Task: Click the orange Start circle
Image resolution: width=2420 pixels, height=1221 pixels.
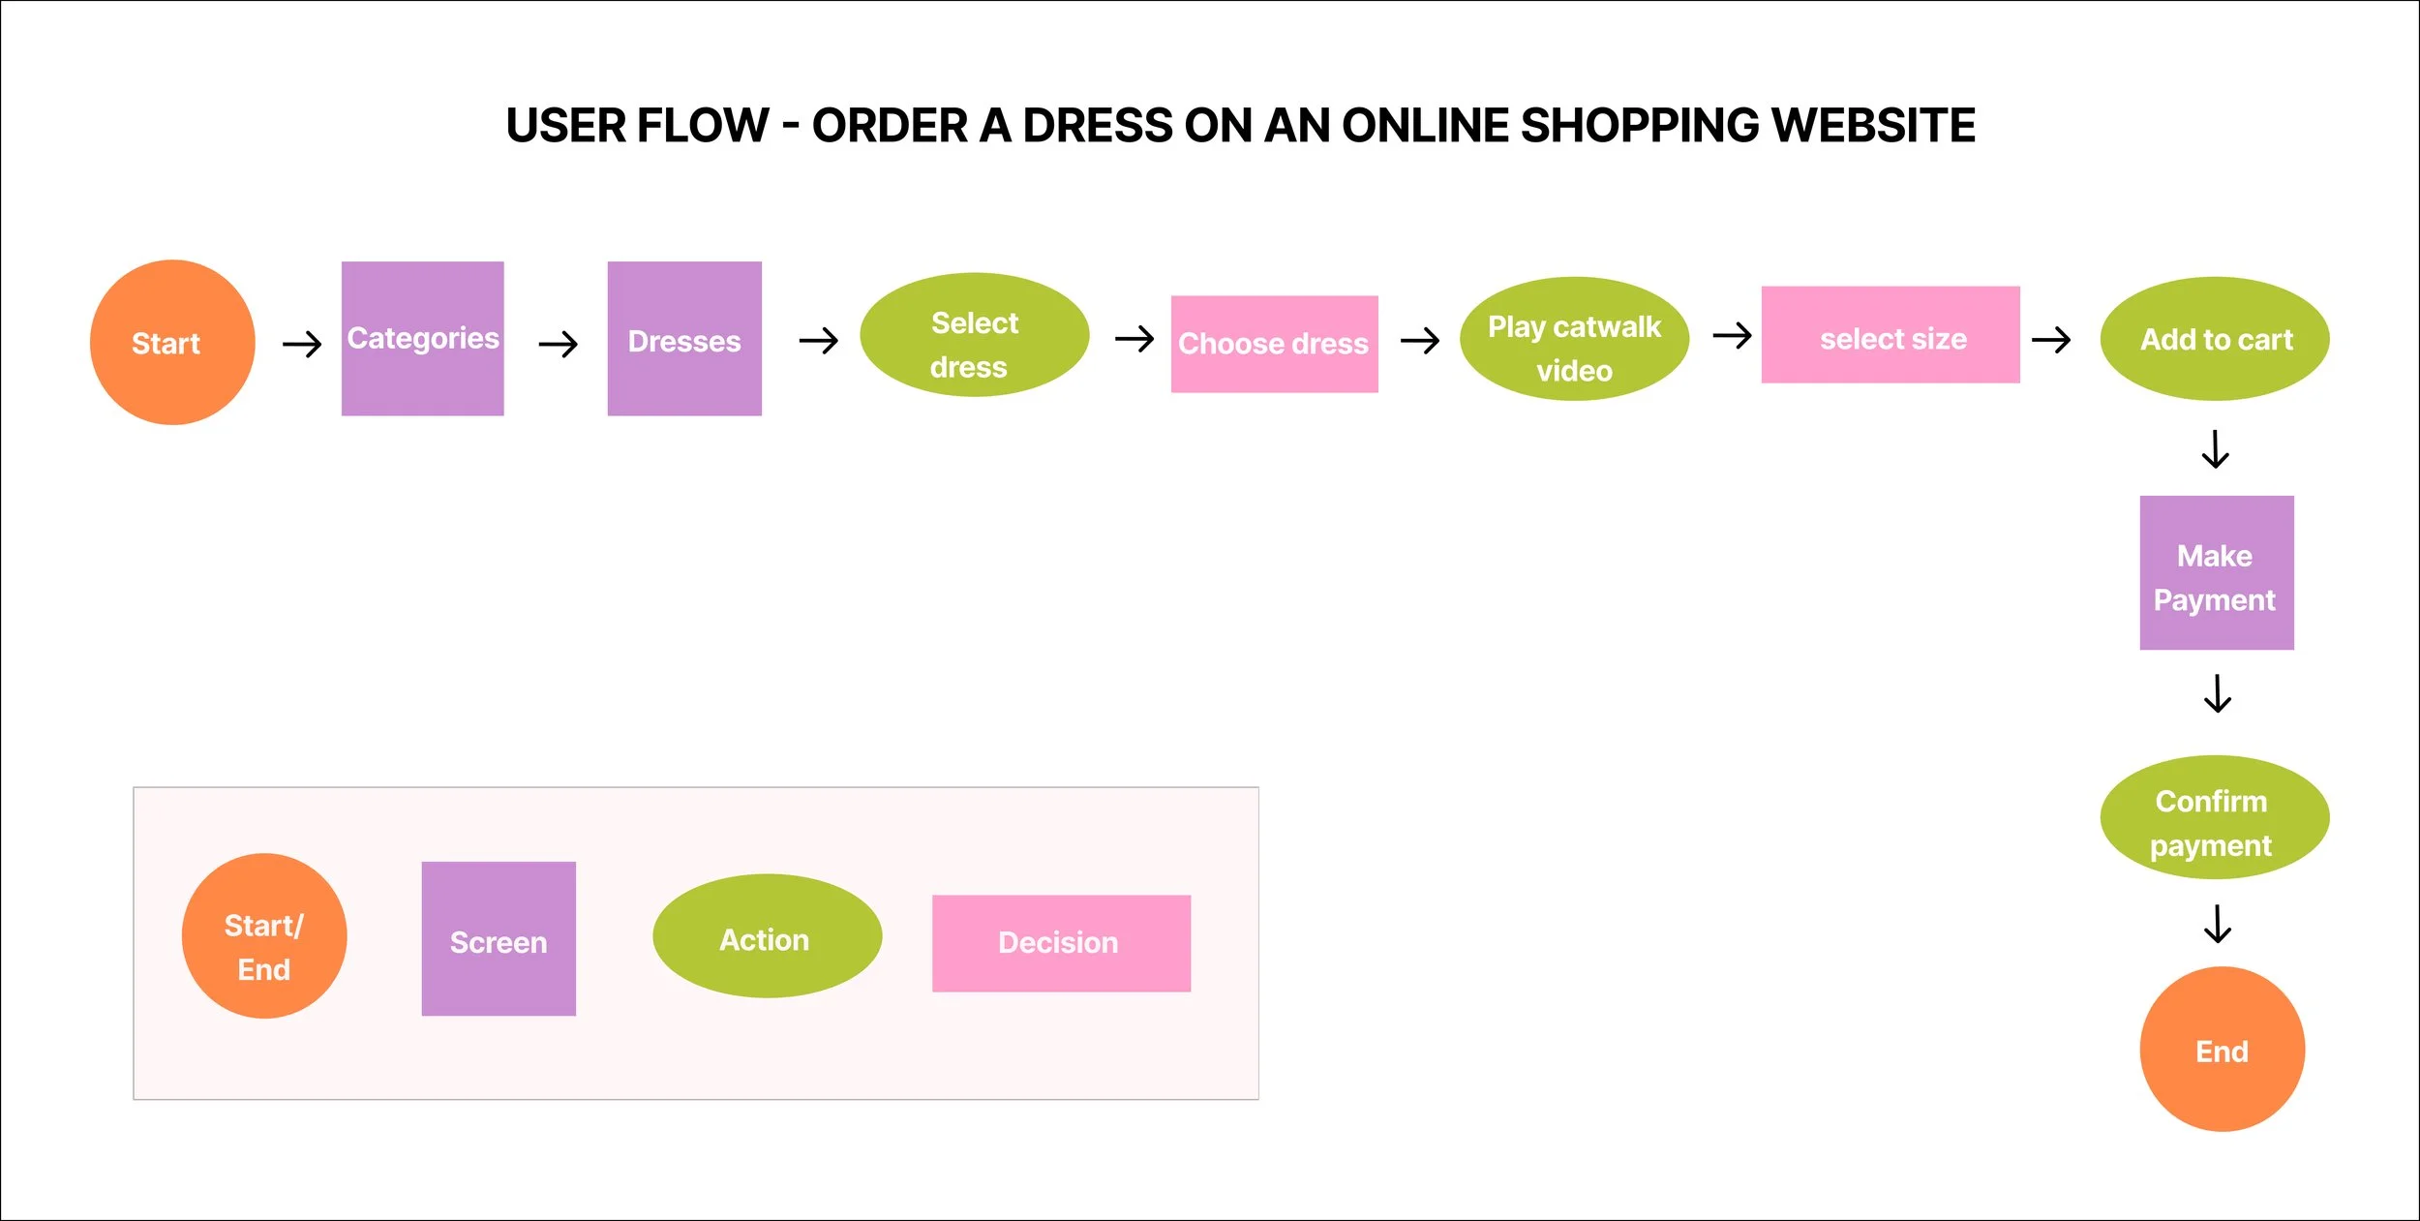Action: pyautogui.click(x=172, y=342)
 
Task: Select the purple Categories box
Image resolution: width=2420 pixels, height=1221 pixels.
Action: pyautogui.click(x=423, y=338)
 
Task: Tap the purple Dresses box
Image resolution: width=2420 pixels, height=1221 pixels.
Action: pyautogui.click(x=684, y=338)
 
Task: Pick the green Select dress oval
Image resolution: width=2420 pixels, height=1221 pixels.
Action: pyautogui.click(x=974, y=335)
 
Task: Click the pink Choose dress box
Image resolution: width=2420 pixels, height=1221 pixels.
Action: pyautogui.click(x=1274, y=344)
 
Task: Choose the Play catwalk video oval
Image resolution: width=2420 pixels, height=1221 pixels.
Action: pyautogui.click(x=1574, y=339)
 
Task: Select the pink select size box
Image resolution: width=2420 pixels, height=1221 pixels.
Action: pyautogui.click(x=1891, y=335)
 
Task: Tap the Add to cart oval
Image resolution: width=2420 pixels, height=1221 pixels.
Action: pyautogui.click(x=2215, y=339)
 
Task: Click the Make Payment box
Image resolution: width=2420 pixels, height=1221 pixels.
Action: pyautogui.click(x=2217, y=572)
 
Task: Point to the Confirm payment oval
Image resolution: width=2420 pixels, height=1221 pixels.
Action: pyautogui.click(x=2215, y=817)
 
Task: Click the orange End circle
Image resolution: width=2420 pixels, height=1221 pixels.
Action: pyautogui.click(x=2223, y=1049)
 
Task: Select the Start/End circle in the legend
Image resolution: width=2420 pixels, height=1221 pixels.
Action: pyautogui.click(x=264, y=935)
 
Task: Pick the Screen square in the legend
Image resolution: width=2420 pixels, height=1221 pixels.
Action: pyautogui.click(x=499, y=938)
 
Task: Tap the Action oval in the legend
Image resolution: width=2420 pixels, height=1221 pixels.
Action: pyautogui.click(x=767, y=936)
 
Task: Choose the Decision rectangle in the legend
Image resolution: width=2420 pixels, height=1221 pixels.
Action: pyautogui.click(x=1061, y=943)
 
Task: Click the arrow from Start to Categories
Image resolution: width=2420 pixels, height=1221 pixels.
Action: pyautogui.click(x=302, y=344)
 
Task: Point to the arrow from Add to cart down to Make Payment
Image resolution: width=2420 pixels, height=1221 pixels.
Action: pyautogui.click(x=2216, y=449)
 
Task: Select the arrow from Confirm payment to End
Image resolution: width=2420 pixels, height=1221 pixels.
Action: pyautogui.click(x=2218, y=924)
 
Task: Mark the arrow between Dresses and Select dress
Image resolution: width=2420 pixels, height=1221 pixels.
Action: pyautogui.click(x=819, y=340)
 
